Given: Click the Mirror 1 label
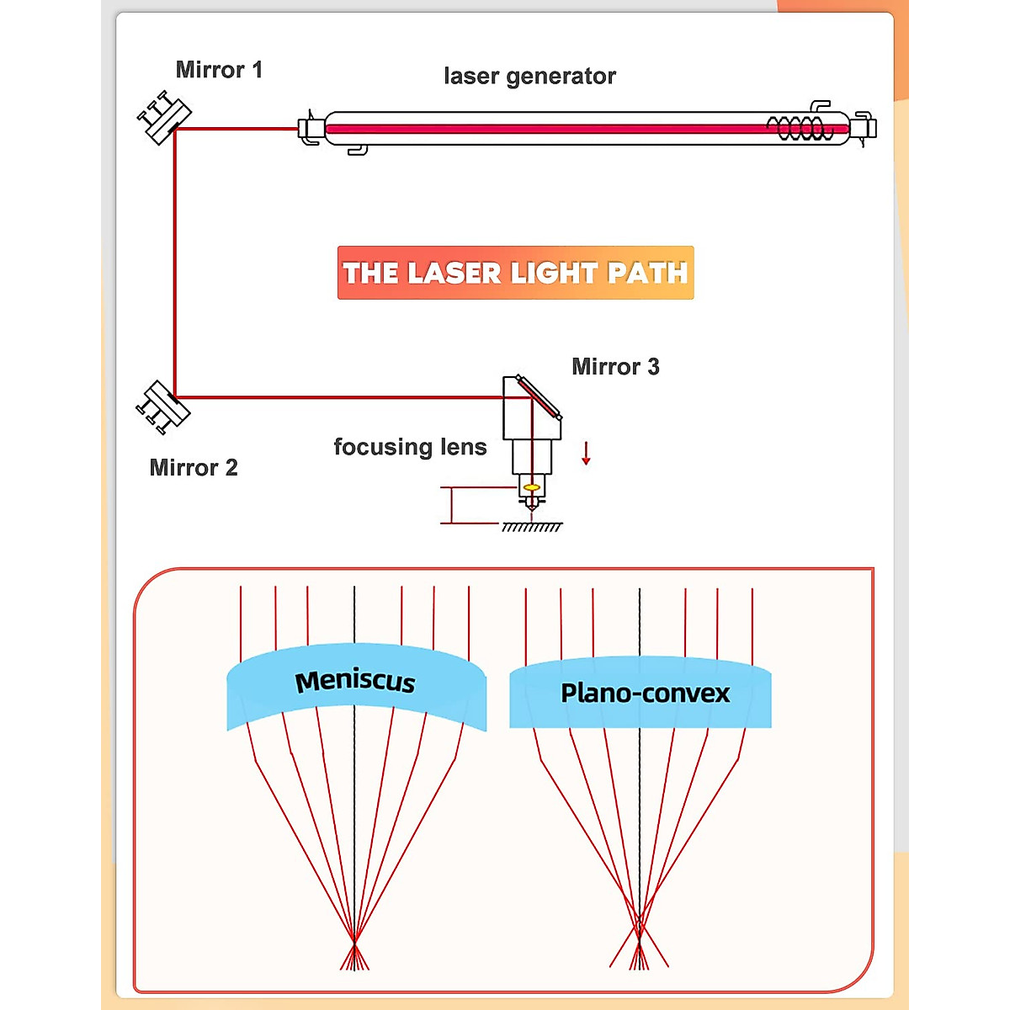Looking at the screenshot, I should tap(219, 70).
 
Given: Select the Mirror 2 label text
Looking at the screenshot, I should tap(194, 468).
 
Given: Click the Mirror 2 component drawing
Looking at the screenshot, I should tap(163, 407).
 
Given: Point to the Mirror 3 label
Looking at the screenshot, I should tap(615, 367).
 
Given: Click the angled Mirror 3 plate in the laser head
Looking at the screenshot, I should tap(539, 397).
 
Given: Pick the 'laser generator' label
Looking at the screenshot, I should tap(529, 77).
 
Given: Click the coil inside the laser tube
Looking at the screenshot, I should tap(799, 129).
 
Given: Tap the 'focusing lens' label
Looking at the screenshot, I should tap(410, 447).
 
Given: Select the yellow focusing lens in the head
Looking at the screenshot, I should tap(531, 487).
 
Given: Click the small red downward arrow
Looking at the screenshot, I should tap(586, 454).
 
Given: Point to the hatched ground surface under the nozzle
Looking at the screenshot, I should tap(532, 527).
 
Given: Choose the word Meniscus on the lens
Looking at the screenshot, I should tap(355, 681).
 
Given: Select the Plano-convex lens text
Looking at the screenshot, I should tap(645, 694).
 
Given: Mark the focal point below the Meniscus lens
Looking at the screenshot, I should tap(354, 940).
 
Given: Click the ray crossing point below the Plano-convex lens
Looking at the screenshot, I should tap(639, 926).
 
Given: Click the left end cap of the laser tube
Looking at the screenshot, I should tap(310, 129).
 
